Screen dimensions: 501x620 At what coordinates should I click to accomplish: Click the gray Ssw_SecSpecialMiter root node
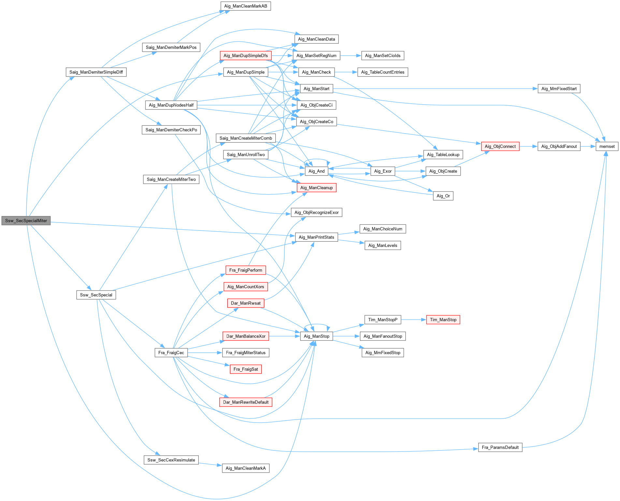(26, 221)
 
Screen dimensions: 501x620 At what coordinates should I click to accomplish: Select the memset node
(607, 146)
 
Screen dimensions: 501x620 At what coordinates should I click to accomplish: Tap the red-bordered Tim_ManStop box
(443, 320)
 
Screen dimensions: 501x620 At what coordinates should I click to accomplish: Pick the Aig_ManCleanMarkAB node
(246, 6)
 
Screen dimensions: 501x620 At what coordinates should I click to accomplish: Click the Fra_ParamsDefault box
(500, 447)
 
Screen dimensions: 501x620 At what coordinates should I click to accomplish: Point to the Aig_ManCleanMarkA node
(246, 468)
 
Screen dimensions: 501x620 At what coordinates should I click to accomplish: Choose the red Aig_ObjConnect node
(500, 146)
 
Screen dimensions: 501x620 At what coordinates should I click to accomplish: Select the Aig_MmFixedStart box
(559, 89)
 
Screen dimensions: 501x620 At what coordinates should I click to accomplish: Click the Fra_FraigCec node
(171, 352)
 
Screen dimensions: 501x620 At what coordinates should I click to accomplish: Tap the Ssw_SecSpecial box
(96, 295)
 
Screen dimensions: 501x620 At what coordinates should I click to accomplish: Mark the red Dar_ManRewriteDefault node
(246, 402)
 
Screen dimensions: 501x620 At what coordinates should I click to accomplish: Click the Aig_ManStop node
(316, 336)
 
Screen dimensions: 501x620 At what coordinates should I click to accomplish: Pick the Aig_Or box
(443, 196)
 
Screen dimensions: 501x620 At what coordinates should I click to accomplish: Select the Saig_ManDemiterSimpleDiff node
(96, 72)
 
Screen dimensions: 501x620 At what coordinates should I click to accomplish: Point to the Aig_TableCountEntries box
(382, 72)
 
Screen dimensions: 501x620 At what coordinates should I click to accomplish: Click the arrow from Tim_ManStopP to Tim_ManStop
(413, 320)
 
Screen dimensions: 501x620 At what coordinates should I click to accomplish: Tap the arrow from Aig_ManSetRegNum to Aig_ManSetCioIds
(351, 56)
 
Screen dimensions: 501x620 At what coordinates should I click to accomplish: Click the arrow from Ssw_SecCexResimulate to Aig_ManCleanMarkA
(210, 464)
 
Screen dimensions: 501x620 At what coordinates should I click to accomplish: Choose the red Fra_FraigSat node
(246, 369)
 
